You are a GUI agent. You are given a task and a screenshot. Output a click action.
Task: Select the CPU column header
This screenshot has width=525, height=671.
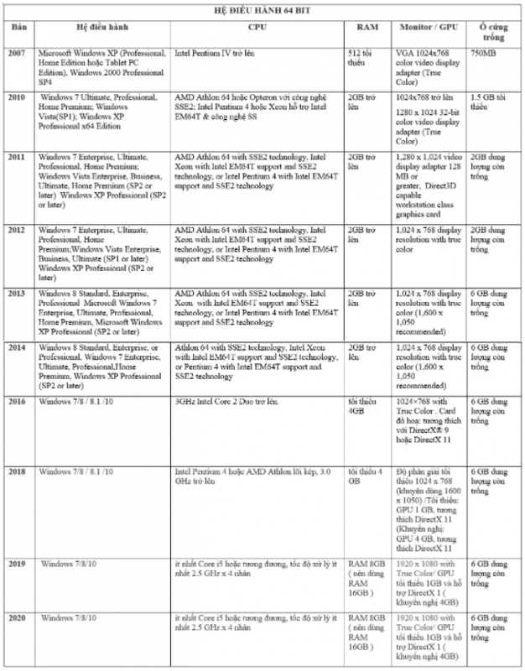coord(258,28)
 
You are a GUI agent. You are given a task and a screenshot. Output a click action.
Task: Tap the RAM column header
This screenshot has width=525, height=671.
coord(367,28)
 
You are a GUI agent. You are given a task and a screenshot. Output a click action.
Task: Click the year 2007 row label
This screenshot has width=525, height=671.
coord(19,53)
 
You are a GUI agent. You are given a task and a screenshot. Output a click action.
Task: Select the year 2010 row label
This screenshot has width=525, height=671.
coord(19,97)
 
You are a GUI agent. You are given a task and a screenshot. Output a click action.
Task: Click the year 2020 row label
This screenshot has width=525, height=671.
coord(19,617)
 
